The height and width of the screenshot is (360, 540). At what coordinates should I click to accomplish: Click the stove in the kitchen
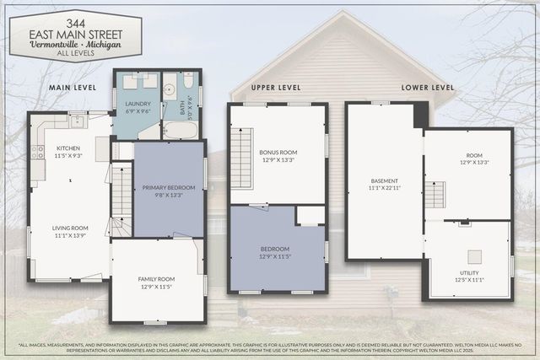38,153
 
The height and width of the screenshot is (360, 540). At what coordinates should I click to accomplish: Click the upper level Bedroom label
275,252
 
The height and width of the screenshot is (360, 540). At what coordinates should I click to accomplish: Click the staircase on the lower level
434,196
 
